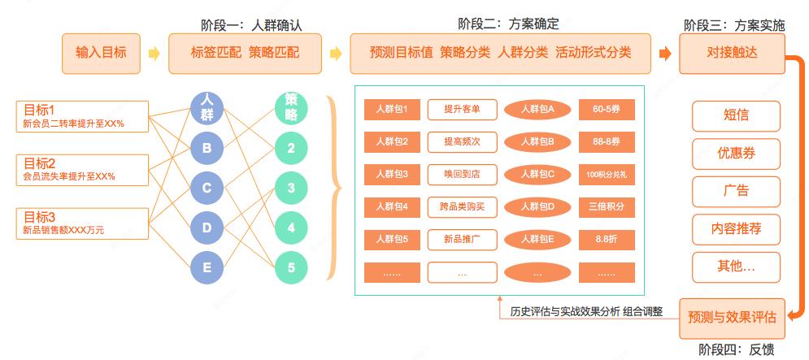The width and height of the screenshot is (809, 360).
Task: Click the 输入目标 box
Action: [101, 54]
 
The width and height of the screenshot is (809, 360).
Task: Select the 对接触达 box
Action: [732, 54]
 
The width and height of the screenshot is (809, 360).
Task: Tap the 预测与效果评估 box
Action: [732, 318]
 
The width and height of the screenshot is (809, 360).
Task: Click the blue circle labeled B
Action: [207, 149]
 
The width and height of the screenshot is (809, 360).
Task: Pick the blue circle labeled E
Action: [207, 267]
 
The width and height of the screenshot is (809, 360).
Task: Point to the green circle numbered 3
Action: [291, 189]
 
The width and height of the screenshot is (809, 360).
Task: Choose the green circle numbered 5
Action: [291, 267]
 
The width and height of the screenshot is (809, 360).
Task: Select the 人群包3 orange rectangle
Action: [392, 175]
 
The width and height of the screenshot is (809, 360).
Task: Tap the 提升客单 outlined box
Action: [463, 110]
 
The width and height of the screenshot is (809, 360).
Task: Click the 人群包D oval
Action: [537, 207]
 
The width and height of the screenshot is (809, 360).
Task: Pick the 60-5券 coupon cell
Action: [607, 110]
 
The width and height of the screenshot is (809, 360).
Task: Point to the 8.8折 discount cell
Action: [607, 239]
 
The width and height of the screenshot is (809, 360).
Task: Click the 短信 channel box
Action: [737, 116]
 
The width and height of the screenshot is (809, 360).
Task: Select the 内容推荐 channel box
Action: [737, 229]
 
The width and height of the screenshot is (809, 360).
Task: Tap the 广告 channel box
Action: [737, 191]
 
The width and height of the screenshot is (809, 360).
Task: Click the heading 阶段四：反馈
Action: [737, 349]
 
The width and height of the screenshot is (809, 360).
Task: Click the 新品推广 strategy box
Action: [463, 239]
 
